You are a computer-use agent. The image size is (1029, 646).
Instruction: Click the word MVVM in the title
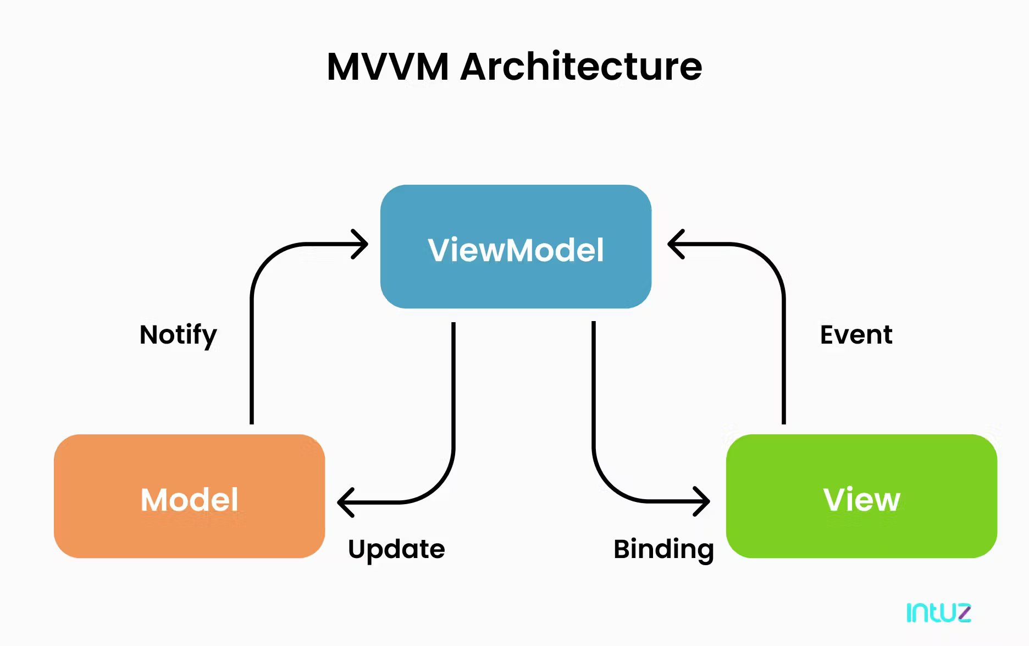tap(388, 67)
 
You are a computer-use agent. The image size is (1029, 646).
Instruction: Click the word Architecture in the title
tap(581, 67)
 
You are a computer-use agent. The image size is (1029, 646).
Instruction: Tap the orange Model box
tap(189, 528)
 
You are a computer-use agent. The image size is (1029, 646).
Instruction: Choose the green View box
tap(861, 528)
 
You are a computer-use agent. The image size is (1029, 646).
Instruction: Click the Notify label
tap(178, 335)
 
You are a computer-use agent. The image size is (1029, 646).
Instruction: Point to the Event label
tap(856, 335)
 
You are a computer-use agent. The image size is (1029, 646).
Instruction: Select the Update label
tap(396, 549)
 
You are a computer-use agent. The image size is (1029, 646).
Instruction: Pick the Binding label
tap(663, 549)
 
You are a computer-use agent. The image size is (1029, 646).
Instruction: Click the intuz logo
tap(938, 612)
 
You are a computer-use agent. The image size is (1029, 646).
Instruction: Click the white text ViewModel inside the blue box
tap(516, 250)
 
